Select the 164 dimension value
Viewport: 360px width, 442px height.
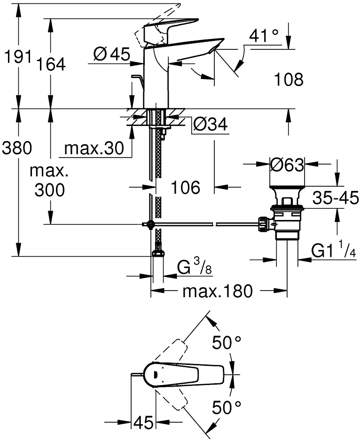(x=52, y=64)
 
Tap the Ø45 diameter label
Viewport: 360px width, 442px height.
(x=112, y=54)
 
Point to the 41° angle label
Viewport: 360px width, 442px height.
(x=264, y=36)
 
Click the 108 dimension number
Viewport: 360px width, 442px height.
(x=289, y=79)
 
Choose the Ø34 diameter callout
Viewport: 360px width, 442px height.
(x=211, y=124)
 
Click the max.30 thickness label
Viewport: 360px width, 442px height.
(x=94, y=148)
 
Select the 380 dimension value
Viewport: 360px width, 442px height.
(x=17, y=148)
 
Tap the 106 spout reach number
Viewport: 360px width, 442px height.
(x=185, y=187)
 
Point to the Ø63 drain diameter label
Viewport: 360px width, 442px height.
(x=287, y=165)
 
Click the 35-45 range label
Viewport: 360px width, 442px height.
(x=336, y=197)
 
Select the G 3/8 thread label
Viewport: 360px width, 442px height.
(x=195, y=267)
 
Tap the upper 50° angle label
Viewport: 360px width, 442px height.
(x=227, y=342)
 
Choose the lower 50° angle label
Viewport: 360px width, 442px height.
(x=227, y=407)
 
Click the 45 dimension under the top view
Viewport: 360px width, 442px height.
(x=143, y=422)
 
